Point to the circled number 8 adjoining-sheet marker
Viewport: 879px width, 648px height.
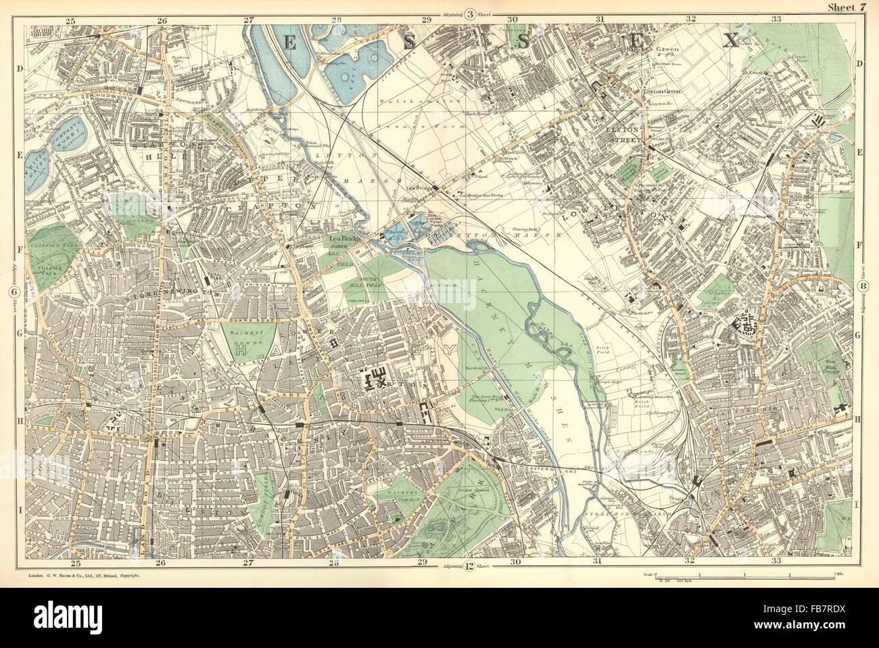click(865, 288)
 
